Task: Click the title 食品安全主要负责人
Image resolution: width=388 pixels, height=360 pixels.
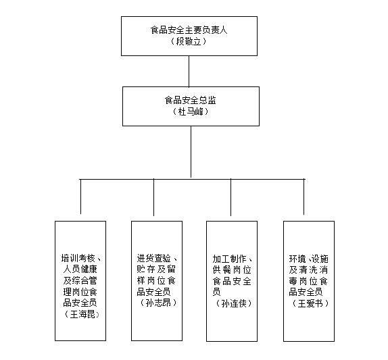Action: pyautogui.click(x=189, y=30)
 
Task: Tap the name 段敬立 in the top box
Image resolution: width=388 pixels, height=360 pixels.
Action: pyautogui.click(x=189, y=41)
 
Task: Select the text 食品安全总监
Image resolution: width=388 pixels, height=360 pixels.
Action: pyautogui.click(x=191, y=100)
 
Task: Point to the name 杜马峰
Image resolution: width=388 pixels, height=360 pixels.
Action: pyautogui.click(x=191, y=111)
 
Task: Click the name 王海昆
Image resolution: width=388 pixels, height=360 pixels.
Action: pyautogui.click(x=82, y=314)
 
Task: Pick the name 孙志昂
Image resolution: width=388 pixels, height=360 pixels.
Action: pyautogui.click(x=158, y=303)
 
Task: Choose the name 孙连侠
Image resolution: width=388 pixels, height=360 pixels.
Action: pyautogui.click(x=234, y=303)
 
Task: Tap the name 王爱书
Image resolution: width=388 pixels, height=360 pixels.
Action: pyautogui.click(x=310, y=303)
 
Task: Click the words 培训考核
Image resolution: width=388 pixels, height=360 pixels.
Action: pyautogui.click(x=78, y=258)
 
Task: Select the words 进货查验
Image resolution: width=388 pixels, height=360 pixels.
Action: pyautogui.click(x=154, y=258)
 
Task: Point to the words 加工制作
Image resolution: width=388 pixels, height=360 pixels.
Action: pyautogui.click(x=229, y=259)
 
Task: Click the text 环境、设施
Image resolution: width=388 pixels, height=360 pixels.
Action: pyautogui.click(x=308, y=259)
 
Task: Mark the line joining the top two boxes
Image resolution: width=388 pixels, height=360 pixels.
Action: pyautogui.click(x=189, y=71)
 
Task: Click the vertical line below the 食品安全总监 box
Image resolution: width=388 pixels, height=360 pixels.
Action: pyautogui.click(x=191, y=152)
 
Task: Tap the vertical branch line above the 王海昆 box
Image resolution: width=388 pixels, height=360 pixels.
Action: pyautogui.click(x=80, y=197)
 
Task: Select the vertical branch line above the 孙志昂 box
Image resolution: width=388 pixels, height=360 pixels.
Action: pyautogui.click(x=153, y=197)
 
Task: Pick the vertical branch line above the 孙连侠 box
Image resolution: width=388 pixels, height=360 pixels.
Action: pyautogui.click(x=231, y=197)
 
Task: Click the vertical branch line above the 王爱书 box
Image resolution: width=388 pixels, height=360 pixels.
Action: pyautogui.click(x=304, y=197)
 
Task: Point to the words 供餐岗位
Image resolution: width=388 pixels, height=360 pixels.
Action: pyautogui.click(x=232, y=269)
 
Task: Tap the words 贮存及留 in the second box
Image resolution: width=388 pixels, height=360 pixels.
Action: pyautogui.click(x=156, y=269)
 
